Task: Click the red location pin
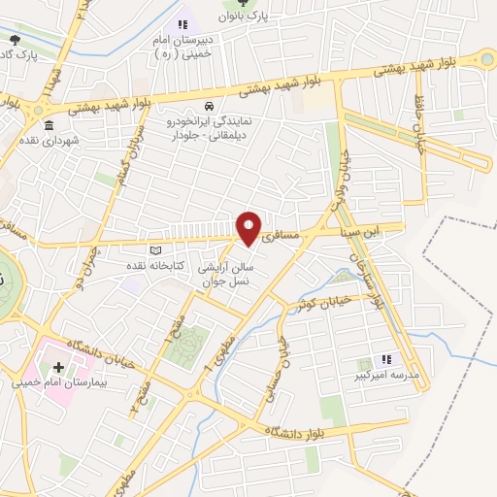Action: pyautogui.click(x=249, y=228)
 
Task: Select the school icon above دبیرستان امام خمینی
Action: pyautogui.click(x=182, y=24)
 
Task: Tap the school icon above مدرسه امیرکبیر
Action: pyautogui.click(x=385, y=358)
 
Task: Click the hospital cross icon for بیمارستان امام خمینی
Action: pyautogui.click(x=59, y=368)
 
